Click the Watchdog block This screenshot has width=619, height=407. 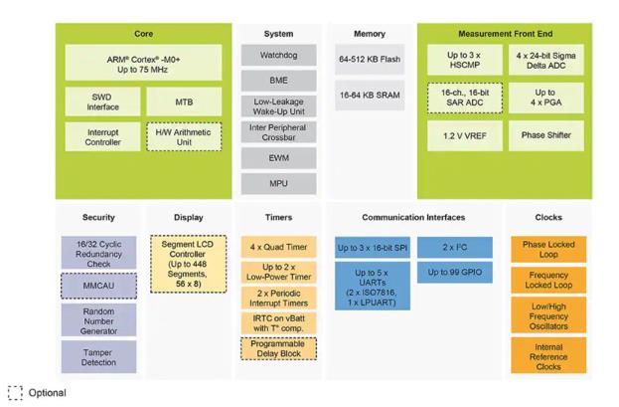coord(278,56)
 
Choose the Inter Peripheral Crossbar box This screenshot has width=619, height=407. coord(278,134)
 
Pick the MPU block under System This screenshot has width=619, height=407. coord(278,182)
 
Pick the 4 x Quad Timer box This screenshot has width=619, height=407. coord(278,245)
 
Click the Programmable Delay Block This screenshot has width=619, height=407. coord(278,348)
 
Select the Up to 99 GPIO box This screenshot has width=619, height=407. coord(455,272)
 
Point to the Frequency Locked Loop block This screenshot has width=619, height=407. coord(548,280)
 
